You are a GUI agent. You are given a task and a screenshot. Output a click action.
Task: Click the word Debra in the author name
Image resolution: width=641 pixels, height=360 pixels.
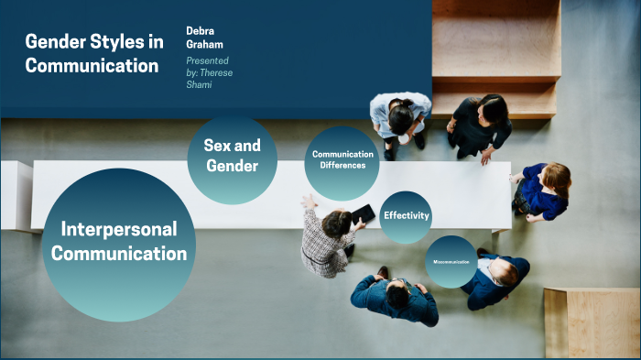click(201, 29)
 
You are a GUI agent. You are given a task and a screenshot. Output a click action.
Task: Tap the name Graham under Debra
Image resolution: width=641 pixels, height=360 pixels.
click(206, 45)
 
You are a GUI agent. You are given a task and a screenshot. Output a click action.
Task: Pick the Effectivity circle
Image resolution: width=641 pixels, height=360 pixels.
click(406, 216)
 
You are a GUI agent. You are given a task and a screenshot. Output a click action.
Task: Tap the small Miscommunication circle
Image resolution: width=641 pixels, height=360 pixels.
click(451, 262)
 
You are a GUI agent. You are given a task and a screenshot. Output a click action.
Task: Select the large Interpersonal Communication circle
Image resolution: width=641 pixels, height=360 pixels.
click(119, 243)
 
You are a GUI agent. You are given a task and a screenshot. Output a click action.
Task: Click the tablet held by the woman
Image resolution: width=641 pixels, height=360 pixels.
click(363, 214)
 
